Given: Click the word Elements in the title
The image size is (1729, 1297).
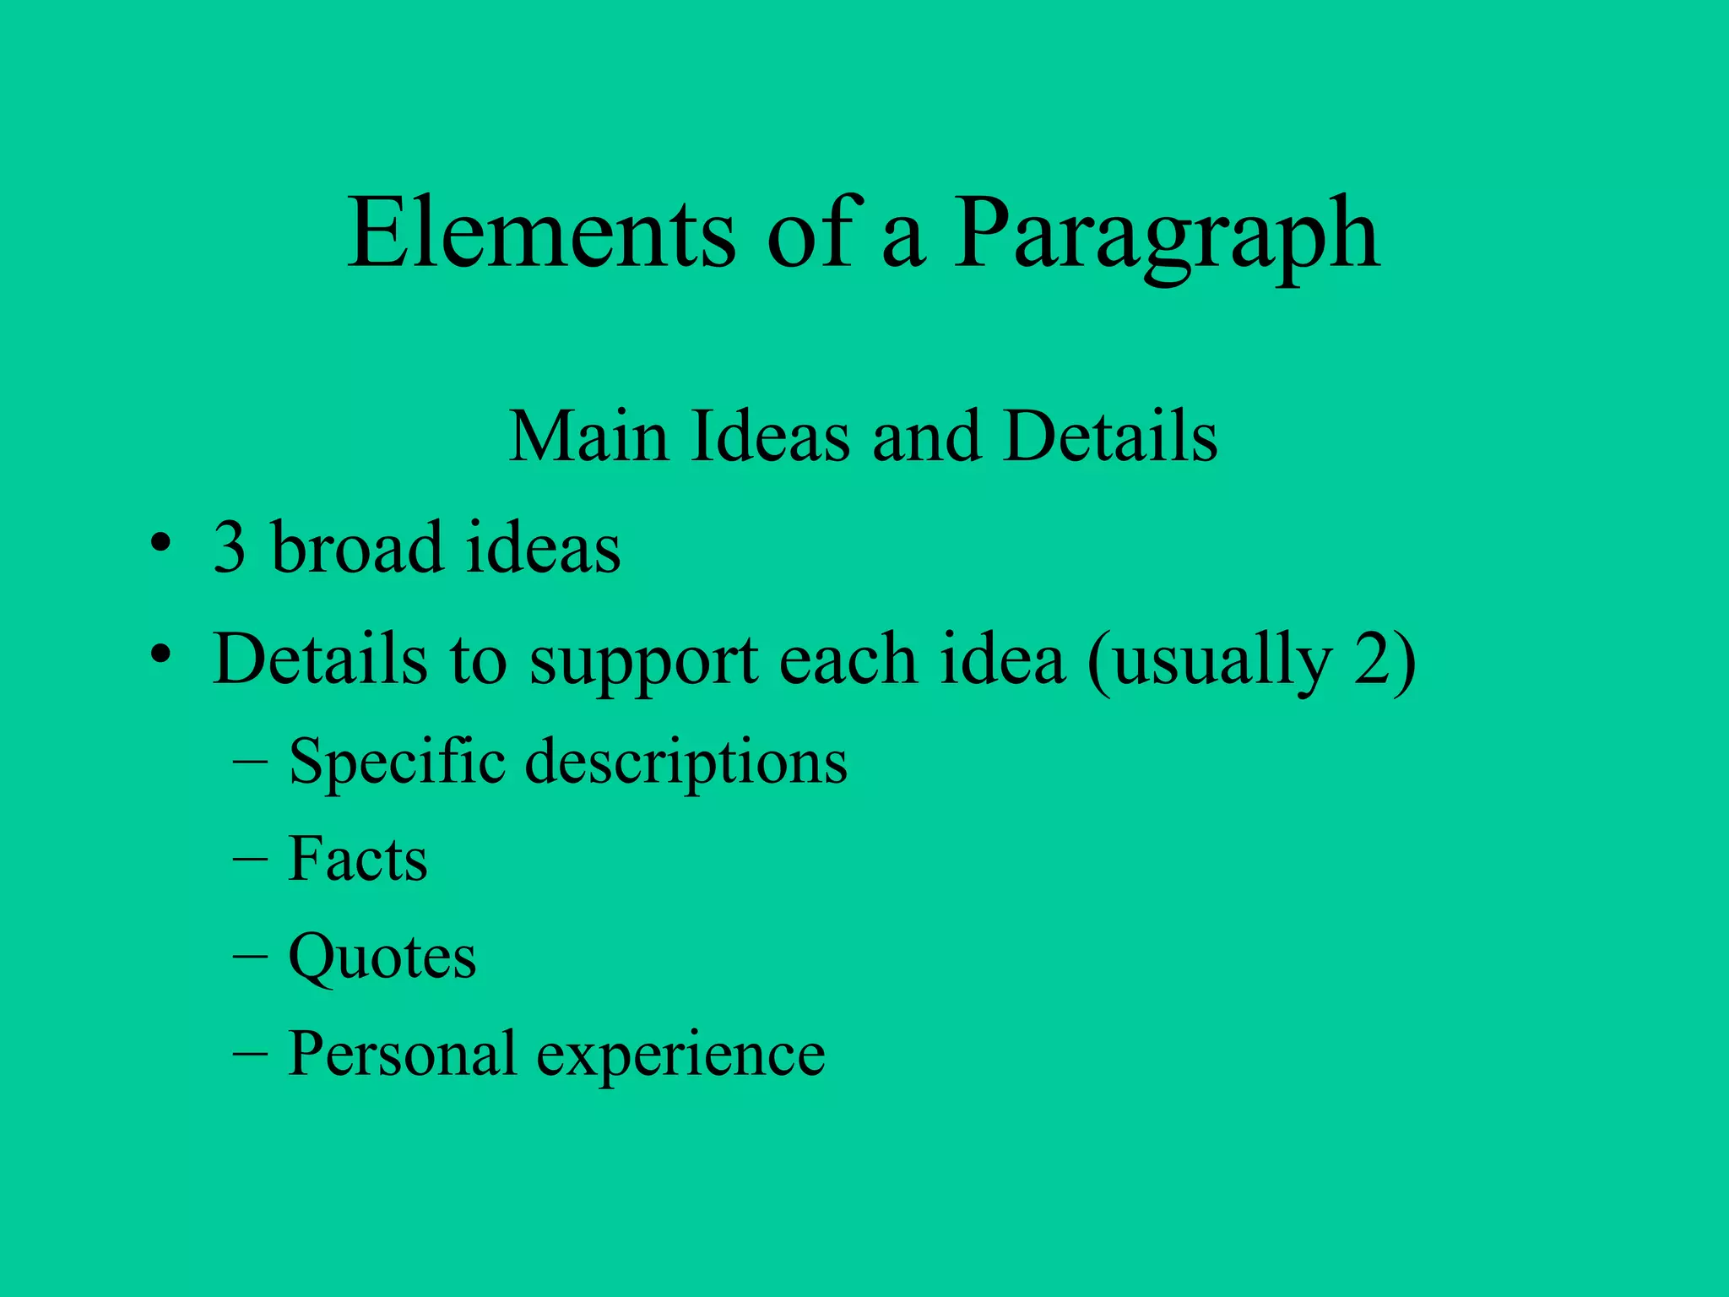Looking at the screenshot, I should coord(541,233).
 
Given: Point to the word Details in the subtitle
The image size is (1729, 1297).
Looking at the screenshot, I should coord(1110,437).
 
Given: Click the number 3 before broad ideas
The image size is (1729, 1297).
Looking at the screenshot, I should coord(229,548).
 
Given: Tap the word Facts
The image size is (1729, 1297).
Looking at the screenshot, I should coord(358,860).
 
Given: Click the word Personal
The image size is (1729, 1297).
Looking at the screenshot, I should coord(402,1054).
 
